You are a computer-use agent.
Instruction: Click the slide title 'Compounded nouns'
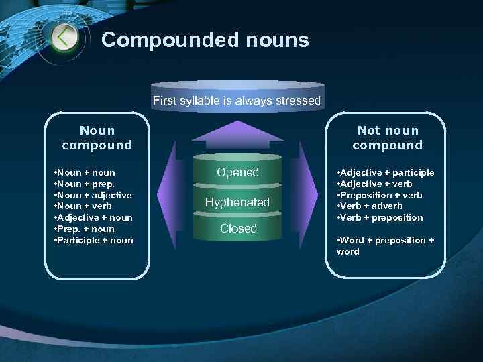[x=205, y=40]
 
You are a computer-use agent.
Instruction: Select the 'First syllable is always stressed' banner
[x=237, y=101]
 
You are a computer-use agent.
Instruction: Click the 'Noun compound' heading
[x=97, y=137]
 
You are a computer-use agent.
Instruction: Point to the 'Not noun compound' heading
[x=387, y=137]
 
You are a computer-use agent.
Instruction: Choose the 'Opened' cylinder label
[x=237, y=172]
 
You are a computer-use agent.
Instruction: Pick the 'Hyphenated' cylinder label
[x=237, y=202]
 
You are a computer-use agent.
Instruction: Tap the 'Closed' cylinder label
[x=238, y=229]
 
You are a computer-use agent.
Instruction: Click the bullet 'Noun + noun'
[x=84, y=172]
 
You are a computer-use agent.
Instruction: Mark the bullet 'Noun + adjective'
[x=92, y=195]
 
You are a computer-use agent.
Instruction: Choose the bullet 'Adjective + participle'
[x=386, y=172]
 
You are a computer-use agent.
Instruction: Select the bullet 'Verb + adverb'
[x=370, y=206]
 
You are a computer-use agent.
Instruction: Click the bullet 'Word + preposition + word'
[x=385, y=245]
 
